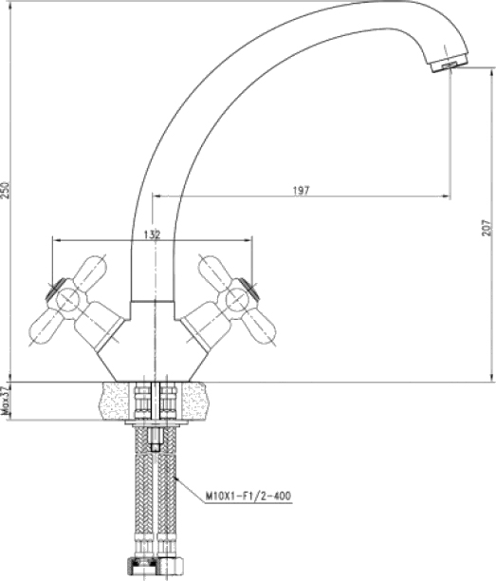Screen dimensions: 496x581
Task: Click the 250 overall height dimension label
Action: pos(5,190)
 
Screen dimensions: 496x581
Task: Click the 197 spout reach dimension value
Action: pos(301,191)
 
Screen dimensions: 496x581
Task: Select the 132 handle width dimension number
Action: pos(152,234)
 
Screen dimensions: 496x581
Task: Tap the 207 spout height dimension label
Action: pos(488,227)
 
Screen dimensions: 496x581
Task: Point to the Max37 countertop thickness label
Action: pos(5,402)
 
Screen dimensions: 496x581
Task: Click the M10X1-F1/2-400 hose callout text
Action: pos(248,496)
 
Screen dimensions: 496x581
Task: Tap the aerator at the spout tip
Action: pos(450,66)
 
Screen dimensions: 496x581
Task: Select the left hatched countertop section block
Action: pos(116,401)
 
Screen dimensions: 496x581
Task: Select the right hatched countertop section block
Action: pos(195,401)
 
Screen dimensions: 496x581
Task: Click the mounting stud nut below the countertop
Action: pos(156,440)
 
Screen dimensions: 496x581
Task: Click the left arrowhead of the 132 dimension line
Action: pos(57,240)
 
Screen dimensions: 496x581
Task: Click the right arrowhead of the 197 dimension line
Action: pos(446,196)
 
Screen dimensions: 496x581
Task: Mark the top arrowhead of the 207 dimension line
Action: pos(491,72)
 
